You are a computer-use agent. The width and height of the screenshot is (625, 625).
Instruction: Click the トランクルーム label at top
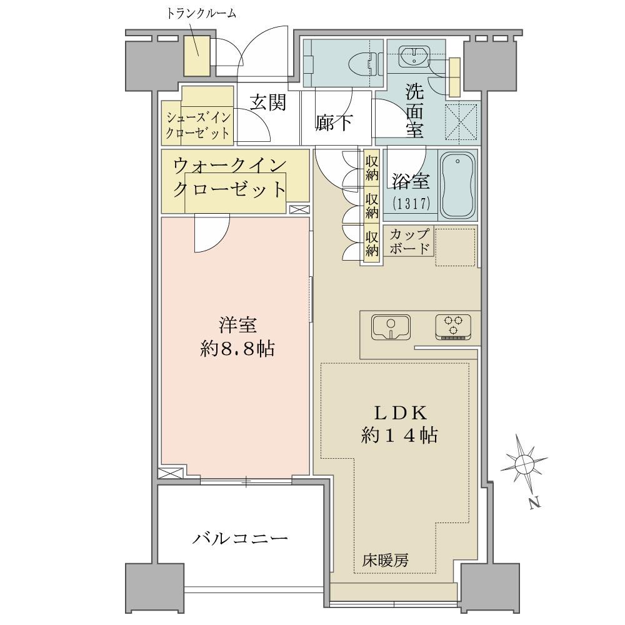[x=201, y=14]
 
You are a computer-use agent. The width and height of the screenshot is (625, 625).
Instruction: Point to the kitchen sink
[x=391, y=327]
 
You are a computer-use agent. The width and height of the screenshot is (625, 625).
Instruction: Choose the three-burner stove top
[x=452, y=327]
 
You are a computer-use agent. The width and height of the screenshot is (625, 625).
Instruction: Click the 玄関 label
[x=268, y=103]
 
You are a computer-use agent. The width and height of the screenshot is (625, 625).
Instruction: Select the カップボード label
[x=410, y=241]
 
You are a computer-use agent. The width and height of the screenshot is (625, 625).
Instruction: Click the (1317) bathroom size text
[x=411, y=204]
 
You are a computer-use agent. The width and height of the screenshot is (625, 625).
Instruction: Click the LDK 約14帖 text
[x=400, y=424]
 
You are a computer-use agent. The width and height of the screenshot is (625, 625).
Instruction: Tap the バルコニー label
[x=241, y=539]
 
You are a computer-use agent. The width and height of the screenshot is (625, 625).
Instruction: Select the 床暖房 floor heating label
[x=386, y=561]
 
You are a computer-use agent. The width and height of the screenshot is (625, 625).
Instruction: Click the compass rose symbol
[x=524, y=464]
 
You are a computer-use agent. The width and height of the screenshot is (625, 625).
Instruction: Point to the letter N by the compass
[x=536, y=503]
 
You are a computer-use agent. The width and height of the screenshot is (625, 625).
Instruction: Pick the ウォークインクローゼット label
[x=230, y=177]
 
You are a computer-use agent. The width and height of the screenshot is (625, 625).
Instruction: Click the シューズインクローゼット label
[x=198, y=126]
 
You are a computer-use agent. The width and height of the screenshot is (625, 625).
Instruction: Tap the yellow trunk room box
[x=196, y=56]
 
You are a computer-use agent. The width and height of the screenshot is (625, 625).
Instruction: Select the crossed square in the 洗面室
[x=461, y=119]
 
